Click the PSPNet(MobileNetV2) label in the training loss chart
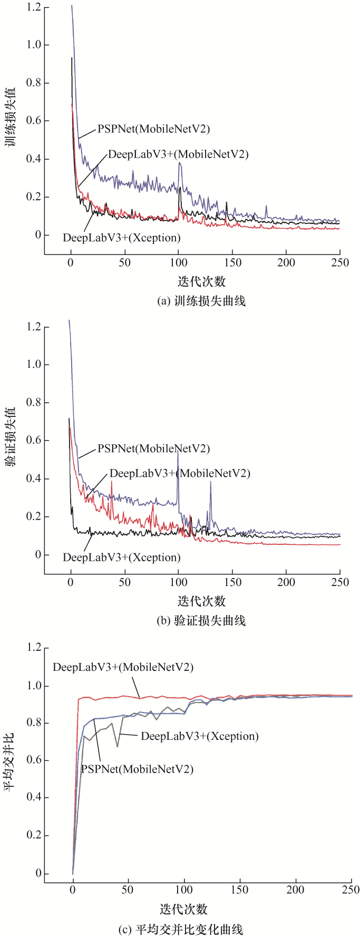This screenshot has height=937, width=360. tap(153, 129)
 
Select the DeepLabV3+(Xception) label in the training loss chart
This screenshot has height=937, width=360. tap(121, 238)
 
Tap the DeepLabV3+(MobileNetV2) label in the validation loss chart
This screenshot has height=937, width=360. tap(180, 473)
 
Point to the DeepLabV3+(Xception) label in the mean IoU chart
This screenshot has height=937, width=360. tap(199, 736)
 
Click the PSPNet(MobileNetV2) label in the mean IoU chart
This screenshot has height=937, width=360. tap(137, 769)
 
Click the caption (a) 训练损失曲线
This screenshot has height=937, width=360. tap(201, 301)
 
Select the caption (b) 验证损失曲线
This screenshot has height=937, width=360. tap(201, 620)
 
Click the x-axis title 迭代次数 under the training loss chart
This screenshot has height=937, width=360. tap(201, 281)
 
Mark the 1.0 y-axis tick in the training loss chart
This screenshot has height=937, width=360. tap(34, 45)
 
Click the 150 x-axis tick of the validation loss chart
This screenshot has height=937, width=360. tap(232, 582)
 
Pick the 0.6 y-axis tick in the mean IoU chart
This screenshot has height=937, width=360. tap(34, 760)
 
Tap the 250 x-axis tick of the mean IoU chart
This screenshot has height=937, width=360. tap(351, 890)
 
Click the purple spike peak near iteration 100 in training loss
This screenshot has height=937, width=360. tap(180, 163)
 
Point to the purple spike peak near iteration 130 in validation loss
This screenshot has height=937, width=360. tap(210, 482)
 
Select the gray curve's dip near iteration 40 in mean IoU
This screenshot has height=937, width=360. tap(117, 746)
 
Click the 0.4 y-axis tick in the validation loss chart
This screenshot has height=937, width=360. tap(34, 479)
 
